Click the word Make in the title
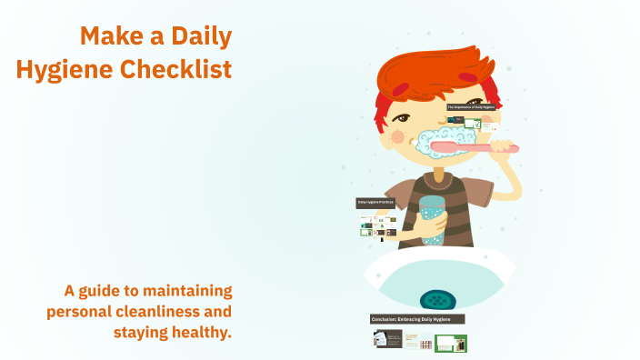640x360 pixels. click(108, 36)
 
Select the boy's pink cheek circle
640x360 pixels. click(396, 136)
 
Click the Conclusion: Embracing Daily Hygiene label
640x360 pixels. click(417, 319)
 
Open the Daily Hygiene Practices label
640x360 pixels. click(375, 203)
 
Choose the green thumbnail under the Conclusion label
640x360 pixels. click(450, 343)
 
